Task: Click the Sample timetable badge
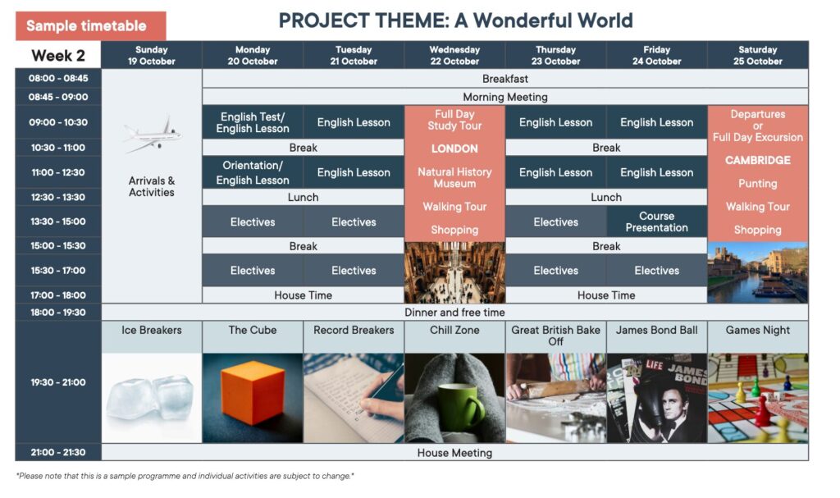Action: click(90, 25)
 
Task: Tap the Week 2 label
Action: click(58, 55)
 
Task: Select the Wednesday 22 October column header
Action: click(454, 55)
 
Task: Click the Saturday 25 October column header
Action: click(757, 55)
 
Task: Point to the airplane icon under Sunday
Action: click(152, 134)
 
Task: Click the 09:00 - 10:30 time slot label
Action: click(58, 122)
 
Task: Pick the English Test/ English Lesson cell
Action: click(253, 122)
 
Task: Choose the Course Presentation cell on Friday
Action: click(656, 222)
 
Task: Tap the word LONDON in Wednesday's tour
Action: click(454, 148)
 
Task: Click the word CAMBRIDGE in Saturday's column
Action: click(757, 160)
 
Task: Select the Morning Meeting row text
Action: click(505, 97)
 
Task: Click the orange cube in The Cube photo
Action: click(253, 393)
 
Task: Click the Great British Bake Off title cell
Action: click(555, 336)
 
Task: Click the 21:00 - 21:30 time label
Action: click(58, 452)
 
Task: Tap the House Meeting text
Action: click(454, 453)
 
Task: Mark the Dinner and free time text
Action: click(454, 313)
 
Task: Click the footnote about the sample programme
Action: click(185, 476)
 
